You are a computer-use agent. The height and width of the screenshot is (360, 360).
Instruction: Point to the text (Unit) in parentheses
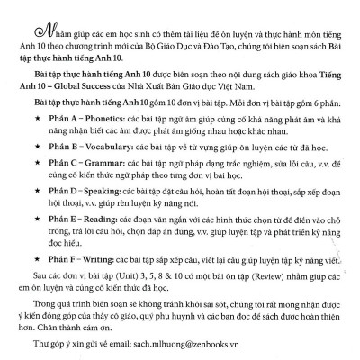click(x=103, y=304)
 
